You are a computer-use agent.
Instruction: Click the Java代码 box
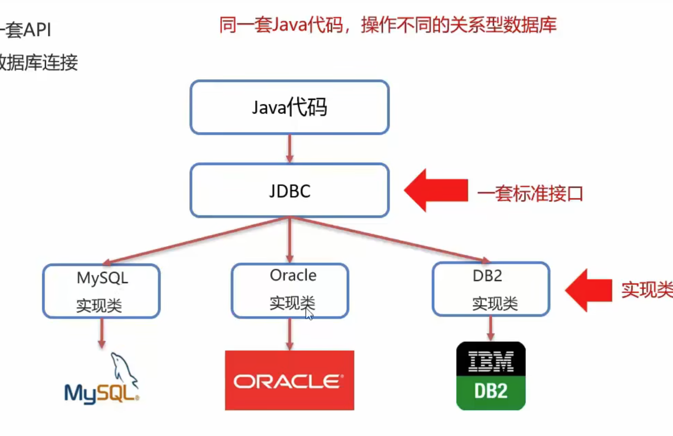tap(289, 107)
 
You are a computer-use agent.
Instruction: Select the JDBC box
tap(289, 190)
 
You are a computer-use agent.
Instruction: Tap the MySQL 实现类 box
tap(101, 291)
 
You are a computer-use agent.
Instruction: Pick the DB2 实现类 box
tap(491, 289)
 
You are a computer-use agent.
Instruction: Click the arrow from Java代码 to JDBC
tap(290, 149)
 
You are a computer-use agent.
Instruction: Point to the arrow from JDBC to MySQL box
tap(196, 240)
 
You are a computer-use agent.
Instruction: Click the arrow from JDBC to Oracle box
tap(290, 240)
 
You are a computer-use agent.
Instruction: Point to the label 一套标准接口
tap(530, 194)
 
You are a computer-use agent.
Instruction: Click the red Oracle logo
tap(289, 380)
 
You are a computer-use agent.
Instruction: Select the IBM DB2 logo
tap(491, 376)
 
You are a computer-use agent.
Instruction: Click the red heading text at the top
tap(388, 25)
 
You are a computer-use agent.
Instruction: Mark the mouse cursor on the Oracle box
tap(309, 313)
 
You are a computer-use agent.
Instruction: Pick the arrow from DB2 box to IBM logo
tap(490, 328)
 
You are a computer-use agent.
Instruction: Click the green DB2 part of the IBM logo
tap(491, 392)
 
